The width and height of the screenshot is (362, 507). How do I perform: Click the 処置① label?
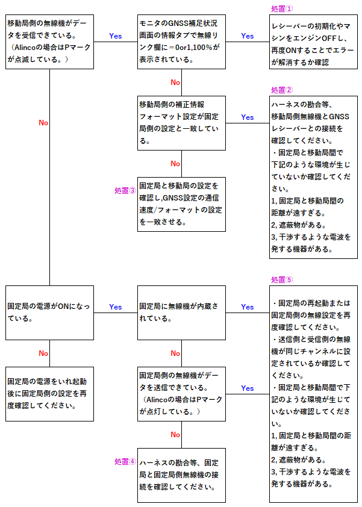tap(282, 9)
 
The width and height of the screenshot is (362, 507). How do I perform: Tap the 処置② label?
tap(282, 90)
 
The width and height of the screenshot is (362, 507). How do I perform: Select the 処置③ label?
tap(125, 190)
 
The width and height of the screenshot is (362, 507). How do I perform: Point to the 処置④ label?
tap(125, 462)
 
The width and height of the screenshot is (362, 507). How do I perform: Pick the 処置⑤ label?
tap(282, 280)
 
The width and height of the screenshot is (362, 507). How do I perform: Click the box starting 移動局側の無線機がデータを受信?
tap(49, 41)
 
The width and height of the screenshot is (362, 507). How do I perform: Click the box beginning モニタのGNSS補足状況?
tap(182, 41)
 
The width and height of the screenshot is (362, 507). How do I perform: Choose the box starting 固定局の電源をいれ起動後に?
tap(49, 393)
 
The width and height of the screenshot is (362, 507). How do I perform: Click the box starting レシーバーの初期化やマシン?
tap(313, 41)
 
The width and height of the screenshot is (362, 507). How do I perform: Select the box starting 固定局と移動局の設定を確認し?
tap(182, 204)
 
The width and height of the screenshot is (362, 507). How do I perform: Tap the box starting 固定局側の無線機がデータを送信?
tap(182, 393)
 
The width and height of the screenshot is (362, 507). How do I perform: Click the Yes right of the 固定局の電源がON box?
tap(115, 307)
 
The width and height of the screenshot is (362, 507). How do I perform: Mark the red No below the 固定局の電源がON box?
tap(43, 353)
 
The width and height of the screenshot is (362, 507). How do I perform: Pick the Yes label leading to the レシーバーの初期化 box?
tap(247, 36)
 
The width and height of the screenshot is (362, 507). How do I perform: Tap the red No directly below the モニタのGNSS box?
tap(175, 82)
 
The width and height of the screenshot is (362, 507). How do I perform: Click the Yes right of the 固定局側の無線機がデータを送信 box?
tap(247, 388)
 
